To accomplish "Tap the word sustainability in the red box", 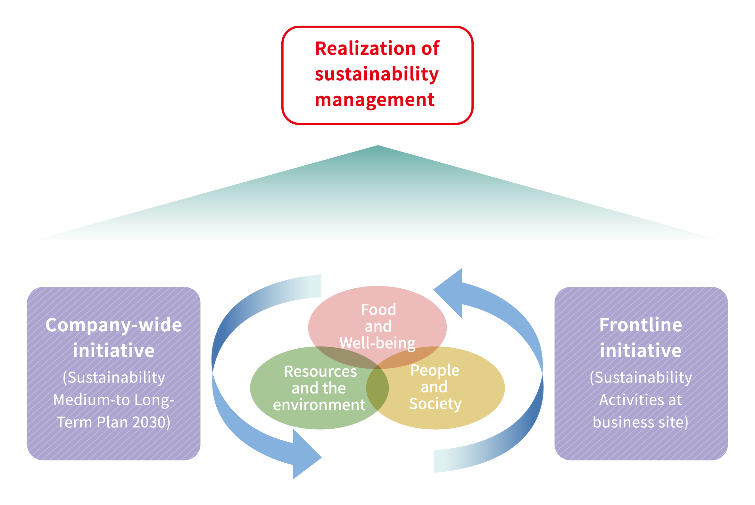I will point(377,74).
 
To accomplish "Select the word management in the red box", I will point(375,100).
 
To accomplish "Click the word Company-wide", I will point(114,326).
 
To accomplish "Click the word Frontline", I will point(641,325).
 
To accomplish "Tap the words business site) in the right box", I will point(640,423).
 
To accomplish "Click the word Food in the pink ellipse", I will point(378,310).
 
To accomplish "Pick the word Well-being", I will point(377,343).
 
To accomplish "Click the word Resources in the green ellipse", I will point(320,372).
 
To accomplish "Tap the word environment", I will point(319,405).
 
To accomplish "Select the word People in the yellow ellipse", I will point(435,370).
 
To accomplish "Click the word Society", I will point(435,404).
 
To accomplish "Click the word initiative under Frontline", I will point(641,351).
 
